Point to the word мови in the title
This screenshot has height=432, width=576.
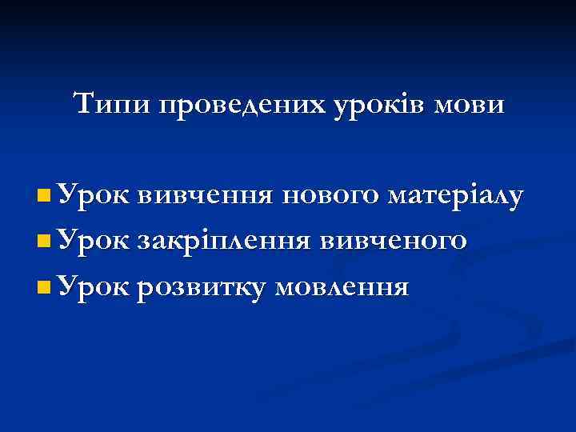tap(473, 105)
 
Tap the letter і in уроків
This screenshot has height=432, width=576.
tap(404, 103)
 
